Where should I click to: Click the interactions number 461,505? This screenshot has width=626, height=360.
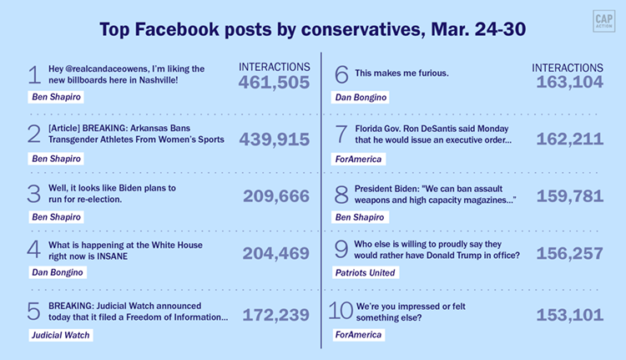pos(274,82)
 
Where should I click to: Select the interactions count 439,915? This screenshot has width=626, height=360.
pos(274,139)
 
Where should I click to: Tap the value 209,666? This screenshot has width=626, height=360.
pos(276,197)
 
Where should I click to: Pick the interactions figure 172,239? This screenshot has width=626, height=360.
pos(275,314)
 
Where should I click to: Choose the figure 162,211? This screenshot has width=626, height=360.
pos(571,139)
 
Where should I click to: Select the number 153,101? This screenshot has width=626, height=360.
pos(571,314)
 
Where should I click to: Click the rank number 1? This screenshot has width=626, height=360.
pos(34,75)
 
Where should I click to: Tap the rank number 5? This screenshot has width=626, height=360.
pos(34,312)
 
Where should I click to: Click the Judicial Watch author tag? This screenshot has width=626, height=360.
pos(59,335)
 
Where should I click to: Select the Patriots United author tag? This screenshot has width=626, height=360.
pos(363,272)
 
